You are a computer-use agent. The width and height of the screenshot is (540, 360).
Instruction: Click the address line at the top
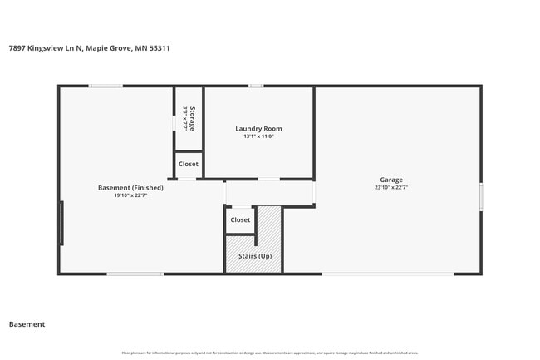click(x=89, y=48)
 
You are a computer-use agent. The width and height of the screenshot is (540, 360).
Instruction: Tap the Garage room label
click(x=391, y=180)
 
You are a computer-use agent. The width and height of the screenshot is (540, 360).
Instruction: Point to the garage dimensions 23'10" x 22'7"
click(x=391, y=188)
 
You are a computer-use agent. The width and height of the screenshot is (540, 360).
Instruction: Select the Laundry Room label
click(x=258, y=129)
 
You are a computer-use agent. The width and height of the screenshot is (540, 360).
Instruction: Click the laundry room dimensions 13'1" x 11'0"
click(x=258, y=136)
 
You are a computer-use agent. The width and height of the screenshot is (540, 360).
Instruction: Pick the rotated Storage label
click(x=193, y=119)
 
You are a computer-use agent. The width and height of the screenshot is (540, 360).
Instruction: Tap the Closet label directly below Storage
click(x=189, y=165)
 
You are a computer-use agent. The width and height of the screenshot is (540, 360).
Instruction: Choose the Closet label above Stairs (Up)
click(x=240, y=220)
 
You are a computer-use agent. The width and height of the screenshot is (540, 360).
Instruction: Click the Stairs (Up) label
click(x=254, y=256)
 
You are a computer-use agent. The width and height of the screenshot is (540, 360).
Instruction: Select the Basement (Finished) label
click(x=130, y=188)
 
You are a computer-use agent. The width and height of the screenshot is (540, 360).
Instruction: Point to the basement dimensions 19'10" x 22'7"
click(x=130, y=196)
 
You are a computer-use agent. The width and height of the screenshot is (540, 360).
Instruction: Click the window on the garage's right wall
click(x=480, y=197)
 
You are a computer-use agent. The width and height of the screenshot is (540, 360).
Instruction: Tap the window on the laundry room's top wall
click(x=257, y=86)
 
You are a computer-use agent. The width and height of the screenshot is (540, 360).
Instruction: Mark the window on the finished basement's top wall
click(x=106, y=86)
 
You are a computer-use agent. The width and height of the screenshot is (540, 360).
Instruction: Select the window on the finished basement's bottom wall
click(x=135, y=274)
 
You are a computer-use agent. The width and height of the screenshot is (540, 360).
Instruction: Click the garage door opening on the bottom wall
click(x=388, y=274)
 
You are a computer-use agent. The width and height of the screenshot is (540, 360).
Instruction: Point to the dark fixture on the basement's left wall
click(x=61, y=224)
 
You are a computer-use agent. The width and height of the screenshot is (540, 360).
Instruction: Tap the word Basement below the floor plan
click(x=27, y=324)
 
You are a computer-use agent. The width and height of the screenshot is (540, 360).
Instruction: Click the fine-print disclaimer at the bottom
click(x=269, y=353)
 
